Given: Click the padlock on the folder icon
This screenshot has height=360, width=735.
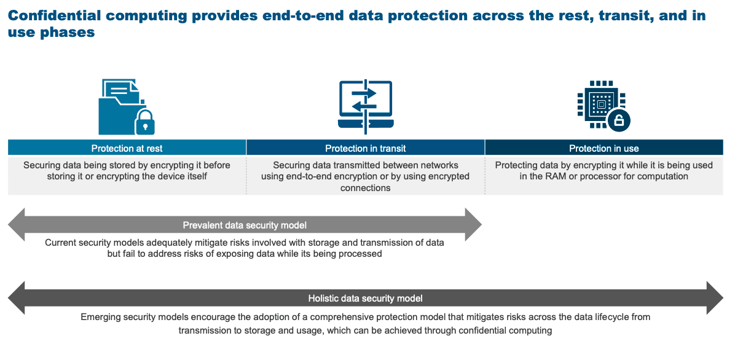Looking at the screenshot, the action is (x=144, y=122).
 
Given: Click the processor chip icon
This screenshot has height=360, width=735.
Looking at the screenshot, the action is (x=600, y=103).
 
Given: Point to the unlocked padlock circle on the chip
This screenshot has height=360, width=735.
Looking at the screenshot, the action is (x=619, y=120).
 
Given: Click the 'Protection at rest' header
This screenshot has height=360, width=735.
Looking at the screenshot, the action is (x=127, y=149).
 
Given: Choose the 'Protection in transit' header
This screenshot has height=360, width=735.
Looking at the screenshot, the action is (x=366, y=149).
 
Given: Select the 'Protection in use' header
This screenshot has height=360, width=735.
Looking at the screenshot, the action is (x=604, y=149).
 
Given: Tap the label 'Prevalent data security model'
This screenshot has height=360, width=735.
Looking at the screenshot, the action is (x=245, y=225).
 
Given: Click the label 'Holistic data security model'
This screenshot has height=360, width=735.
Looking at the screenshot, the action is (x=366, y=298).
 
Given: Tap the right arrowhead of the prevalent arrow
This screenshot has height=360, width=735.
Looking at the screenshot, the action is (x=473, y=225).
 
